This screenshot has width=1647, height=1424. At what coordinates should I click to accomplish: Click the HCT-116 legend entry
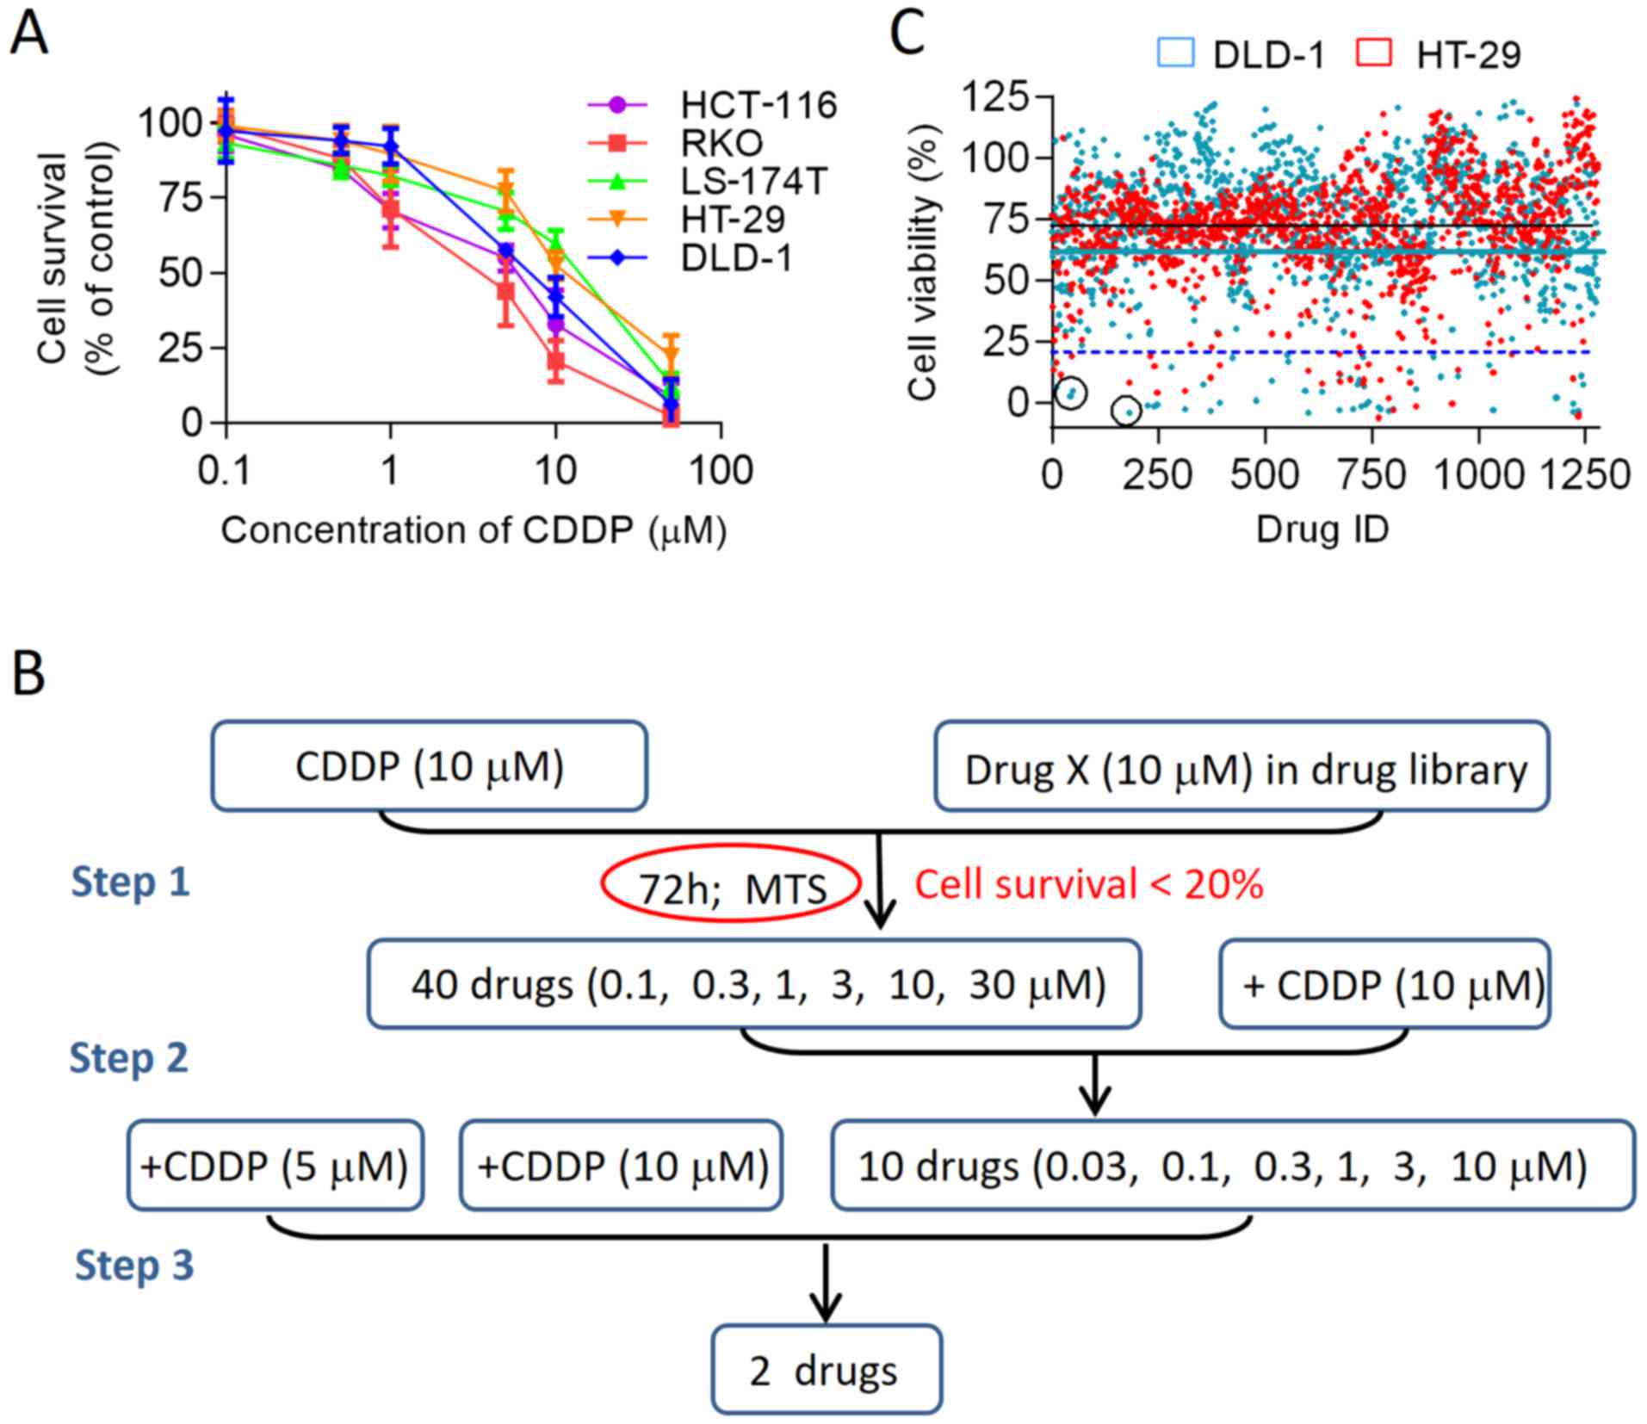[x=758, y=105]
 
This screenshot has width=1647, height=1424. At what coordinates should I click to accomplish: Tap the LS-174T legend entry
[x=753, y=181]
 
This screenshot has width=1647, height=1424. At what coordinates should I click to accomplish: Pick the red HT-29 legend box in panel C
[x=1374, y=53]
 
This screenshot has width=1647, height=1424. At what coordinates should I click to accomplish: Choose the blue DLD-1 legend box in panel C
[x=1175, y=53]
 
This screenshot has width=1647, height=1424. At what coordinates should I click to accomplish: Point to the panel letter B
[x=29, y=675]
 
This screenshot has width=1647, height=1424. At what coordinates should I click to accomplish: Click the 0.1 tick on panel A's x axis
[x=225, y=471]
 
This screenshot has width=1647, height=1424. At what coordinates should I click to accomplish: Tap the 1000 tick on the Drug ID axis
[x=1478, y=475]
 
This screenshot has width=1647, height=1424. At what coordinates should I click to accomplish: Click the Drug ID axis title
[x=1322, y=529]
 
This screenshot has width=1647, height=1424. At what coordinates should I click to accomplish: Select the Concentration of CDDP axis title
[x=474, y=530]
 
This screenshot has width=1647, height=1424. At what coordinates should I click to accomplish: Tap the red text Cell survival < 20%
[x=1088, y=885]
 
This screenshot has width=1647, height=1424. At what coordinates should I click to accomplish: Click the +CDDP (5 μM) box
[x=275, y=1167]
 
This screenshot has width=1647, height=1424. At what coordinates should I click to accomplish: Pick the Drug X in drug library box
[x=1241, y=768]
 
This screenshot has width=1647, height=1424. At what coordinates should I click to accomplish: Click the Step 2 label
[x=128, y=1057]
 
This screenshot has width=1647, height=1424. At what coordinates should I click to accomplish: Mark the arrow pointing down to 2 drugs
[x=826, y=1283]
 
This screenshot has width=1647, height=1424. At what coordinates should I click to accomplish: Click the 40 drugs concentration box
[x=754, y=984]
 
